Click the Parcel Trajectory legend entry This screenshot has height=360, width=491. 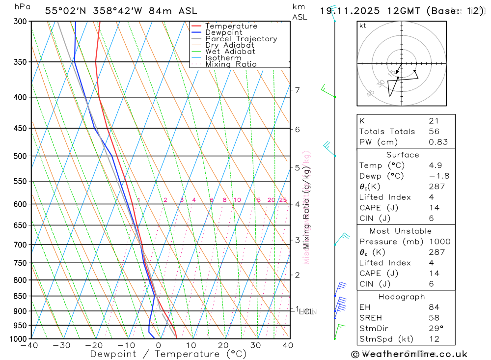tap(241, 39)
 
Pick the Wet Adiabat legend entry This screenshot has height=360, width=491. tap(230, 52)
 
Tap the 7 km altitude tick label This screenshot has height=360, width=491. tap(297, 90)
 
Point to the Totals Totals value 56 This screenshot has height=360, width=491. tap(434, 132)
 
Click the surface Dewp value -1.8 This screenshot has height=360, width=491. tap(438, 176)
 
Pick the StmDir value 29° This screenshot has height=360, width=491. tap(436, 329)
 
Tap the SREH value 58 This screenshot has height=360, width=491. tap(434, 318)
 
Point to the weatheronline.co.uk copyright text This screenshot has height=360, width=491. tap(409, 354)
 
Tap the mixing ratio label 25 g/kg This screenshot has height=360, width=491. tap(283, 200)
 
